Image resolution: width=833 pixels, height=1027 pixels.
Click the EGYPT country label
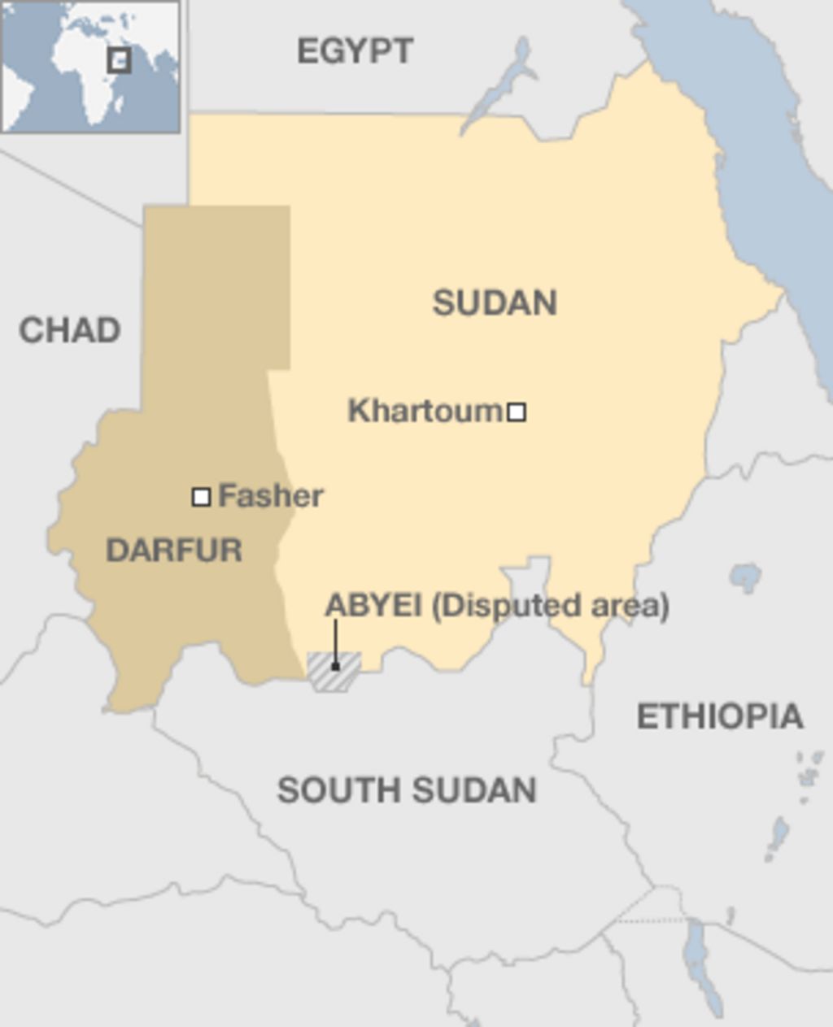coord(355,51)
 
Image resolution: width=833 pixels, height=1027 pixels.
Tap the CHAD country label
coord(70,330)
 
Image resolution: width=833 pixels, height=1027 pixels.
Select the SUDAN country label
coord(495,302)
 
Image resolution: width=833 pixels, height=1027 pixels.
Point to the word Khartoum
coord(425,411)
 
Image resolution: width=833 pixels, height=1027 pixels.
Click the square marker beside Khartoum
coord(517,412)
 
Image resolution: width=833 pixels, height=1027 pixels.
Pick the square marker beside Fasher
coord(201,497)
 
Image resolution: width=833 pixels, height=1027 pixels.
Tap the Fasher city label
coord(271,495)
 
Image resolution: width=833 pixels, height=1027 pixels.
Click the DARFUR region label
coord(174,550)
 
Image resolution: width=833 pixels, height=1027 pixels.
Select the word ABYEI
coord(373,606)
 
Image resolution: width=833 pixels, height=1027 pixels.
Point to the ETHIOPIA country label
coord(720,716)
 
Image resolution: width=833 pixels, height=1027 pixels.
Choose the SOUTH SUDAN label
coord(407,790)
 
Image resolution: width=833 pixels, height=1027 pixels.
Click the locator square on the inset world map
coord(120,60)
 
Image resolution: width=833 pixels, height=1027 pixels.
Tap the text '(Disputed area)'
coord(550,606)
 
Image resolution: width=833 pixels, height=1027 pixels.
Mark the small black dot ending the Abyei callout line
coord(335,667)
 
